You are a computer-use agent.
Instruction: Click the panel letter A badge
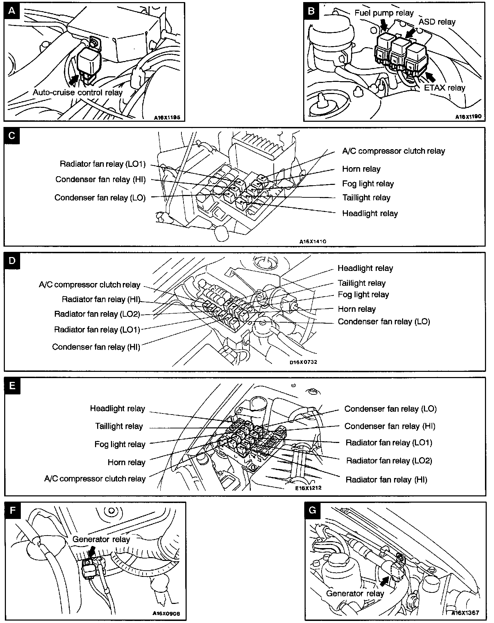[12, 11]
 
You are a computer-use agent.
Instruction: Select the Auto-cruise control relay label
[78, 93]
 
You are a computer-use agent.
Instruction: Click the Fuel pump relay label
[384, 13]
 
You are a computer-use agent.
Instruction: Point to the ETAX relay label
[445, 88]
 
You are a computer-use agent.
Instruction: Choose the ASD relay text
[437, 22]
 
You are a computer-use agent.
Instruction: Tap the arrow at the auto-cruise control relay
[74, 79]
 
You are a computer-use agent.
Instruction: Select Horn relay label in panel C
[361, 169]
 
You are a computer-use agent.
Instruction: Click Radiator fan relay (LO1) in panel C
[103, 164]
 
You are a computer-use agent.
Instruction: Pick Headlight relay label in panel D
[365, 268]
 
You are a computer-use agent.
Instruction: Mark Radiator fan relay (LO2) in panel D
[97, 314]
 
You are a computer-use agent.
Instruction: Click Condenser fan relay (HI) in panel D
[96, 347]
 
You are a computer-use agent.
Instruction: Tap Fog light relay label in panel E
[120, 444]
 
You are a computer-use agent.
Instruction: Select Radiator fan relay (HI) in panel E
[386, 480]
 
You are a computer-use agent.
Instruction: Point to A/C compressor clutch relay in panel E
[95, 479]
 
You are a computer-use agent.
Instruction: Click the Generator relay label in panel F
[101, 539]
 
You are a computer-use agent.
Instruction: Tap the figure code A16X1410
[313, 241]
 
